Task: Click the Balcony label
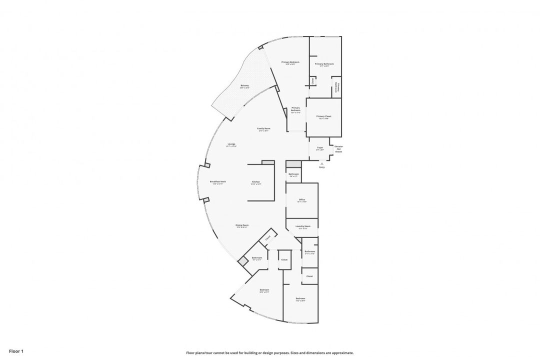(x=244, y=85)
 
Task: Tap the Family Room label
(x=263, y=128)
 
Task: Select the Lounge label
(x=231, y=144)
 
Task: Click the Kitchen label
(x=256, y=181)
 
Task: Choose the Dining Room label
(x=242, y=225)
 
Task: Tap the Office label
(x=302, y=199)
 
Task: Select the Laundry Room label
(x=303, y=226)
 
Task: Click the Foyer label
(x=320, y=147)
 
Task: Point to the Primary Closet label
(x=324, y=116)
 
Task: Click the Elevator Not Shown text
(x=338, y=148)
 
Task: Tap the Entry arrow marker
(x=322, y=163)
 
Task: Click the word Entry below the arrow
(x=322, y=167)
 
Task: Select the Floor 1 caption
(x=16, y=351)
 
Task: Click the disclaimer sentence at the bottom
(x=270, y=352)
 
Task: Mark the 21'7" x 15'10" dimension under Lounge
(x=231, y=146)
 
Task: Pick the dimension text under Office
(x=302, y=202)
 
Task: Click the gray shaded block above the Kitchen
(x=268, y=162)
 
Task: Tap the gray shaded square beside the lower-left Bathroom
(x=242, y=261)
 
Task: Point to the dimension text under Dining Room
(x=242, y=227)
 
